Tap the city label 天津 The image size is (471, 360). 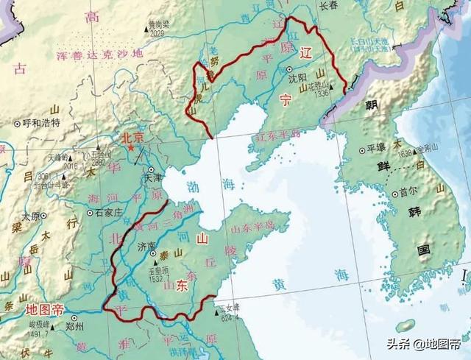[152, 177]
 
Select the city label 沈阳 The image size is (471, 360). [299, 77]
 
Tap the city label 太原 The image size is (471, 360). [31, 216]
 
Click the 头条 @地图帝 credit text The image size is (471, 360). [419, 343]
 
